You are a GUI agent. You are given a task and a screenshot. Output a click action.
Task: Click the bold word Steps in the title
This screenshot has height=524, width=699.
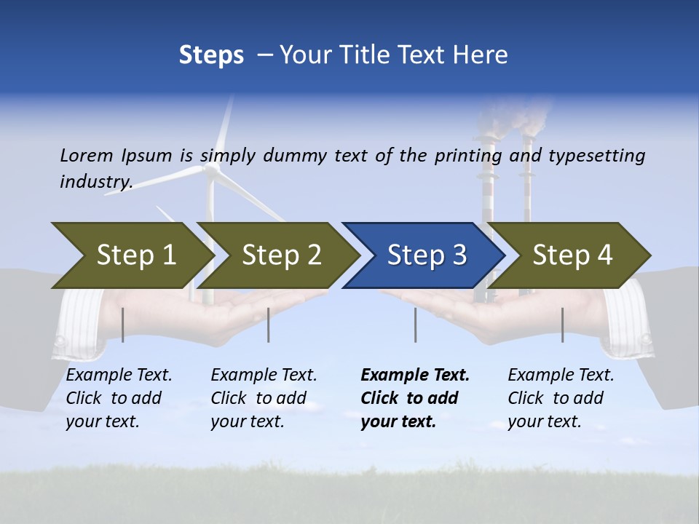click(211, 55)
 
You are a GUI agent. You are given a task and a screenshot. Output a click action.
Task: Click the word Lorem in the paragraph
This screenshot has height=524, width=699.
click(87, 156)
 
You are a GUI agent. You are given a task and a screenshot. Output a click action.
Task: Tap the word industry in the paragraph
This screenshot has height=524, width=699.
click(95, 181)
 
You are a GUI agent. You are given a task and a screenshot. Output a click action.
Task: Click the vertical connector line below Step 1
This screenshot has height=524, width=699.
click(123, 325)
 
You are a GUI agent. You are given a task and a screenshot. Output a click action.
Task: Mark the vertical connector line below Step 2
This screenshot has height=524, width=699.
click(269, 325)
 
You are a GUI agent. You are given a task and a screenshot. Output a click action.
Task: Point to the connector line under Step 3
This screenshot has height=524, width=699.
click(415, 325)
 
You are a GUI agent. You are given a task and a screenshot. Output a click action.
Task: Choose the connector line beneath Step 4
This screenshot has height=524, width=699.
click(562, 325)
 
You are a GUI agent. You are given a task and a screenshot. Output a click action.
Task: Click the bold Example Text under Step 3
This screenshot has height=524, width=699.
click(415, 376)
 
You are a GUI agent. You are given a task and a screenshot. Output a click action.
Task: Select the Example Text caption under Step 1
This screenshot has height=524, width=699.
click(119, 376)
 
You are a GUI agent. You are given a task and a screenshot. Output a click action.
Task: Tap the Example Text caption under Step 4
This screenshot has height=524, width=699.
click(561, 376)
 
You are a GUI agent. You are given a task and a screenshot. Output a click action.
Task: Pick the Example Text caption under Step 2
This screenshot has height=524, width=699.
click(264, 376)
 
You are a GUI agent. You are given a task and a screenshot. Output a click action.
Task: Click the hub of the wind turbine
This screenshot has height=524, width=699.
click(211, 169)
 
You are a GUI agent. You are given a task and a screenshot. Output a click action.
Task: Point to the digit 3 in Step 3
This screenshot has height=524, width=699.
click(459, 255)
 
